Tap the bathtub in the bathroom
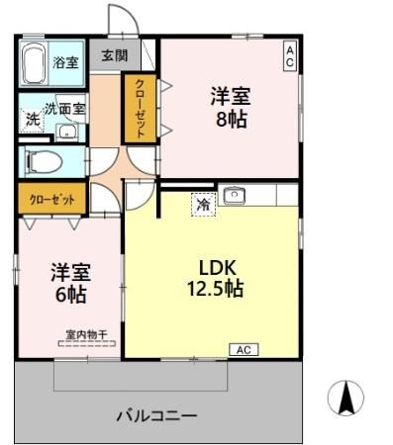[x=34, y=65]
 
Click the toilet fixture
[x=44, y=160]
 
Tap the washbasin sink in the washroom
[x=66, y=132]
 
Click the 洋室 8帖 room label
[x=229, y=108]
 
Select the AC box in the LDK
[x=243, y=349]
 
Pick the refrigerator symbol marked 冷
[x=203, y=206]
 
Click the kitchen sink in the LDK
[x=235, y=196]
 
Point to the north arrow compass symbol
[x=345, y=399]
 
